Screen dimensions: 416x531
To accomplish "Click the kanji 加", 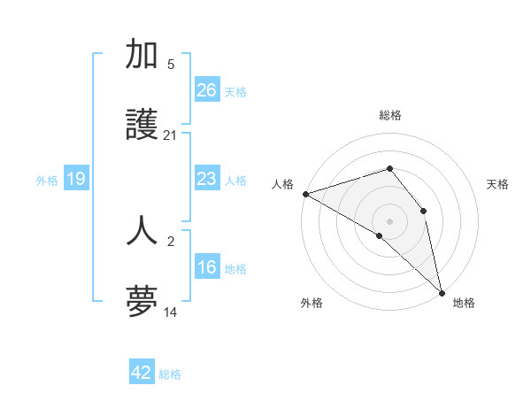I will tap(142, 55).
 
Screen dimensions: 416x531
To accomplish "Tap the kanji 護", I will tap(142, 127).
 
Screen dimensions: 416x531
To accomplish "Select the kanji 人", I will tap(142, 229).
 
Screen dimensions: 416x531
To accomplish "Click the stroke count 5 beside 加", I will tap(170, 64).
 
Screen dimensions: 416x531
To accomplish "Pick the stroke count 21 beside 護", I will tap(170, 135).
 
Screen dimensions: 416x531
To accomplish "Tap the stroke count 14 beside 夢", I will tap(170, 312).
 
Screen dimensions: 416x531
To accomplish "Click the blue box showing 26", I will tap(207, 90).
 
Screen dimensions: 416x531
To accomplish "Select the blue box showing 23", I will tap(207, 180).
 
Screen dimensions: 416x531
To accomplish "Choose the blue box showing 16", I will tap(207, 268).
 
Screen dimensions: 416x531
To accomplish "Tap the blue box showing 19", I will tap(76, 180).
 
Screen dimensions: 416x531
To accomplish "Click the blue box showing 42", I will tap(142, 373).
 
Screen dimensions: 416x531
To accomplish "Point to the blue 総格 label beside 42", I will tap(170, 374).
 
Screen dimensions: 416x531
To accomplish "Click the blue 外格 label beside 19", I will tap(47, 181).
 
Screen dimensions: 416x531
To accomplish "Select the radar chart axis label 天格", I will tap(497, 184).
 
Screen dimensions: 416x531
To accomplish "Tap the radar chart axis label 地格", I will tap(464, 303).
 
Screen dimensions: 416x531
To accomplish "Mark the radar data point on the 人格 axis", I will tap(305, 194).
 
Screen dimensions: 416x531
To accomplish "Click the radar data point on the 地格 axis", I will tap(441, 291).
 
